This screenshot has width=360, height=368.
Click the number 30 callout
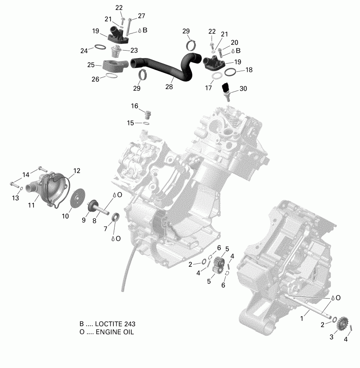point(243,89)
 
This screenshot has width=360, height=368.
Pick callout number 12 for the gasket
point(77,170)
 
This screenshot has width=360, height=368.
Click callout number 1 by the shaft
point(302,319)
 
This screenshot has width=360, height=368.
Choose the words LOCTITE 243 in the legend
point(115,324)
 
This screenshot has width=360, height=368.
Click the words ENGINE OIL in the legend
point(114,332)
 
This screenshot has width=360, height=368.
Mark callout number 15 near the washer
point(130,123)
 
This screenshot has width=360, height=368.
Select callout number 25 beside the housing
point(91,65)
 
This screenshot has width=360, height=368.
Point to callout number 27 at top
point(141,16)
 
